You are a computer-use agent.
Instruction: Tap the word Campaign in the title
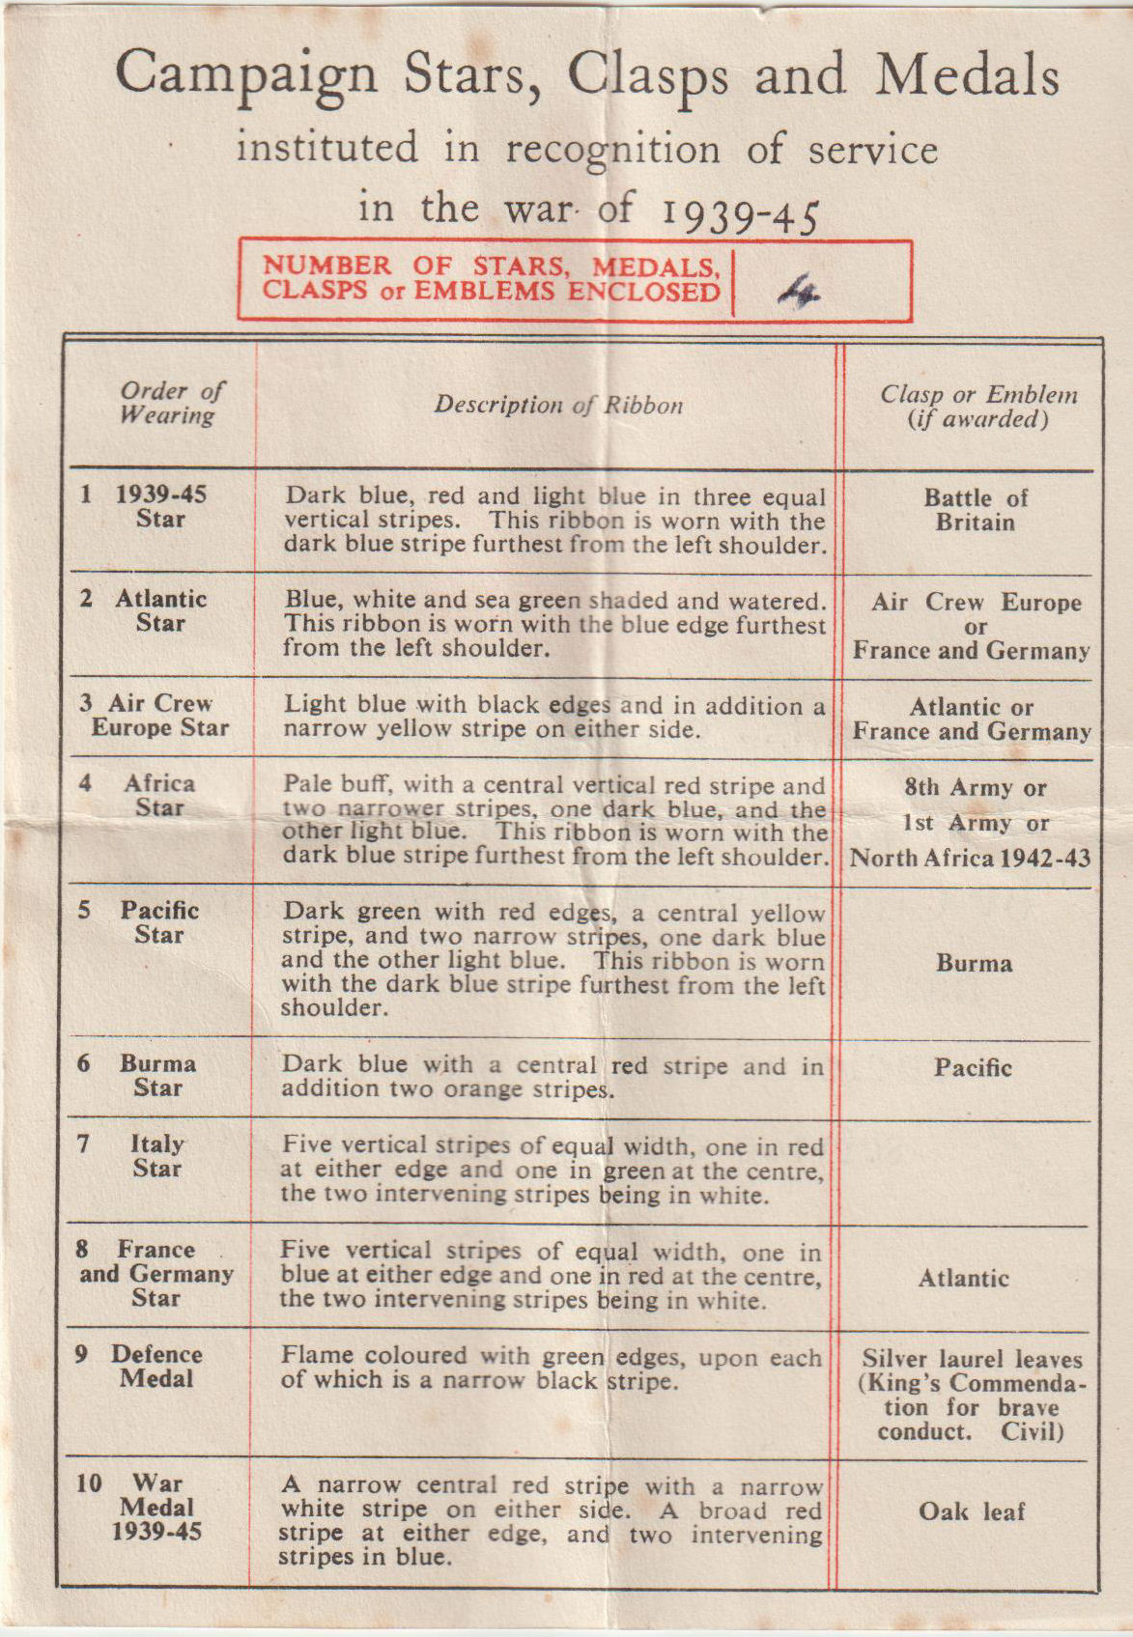tap(246, 74)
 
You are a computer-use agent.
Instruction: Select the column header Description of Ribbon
tap(558, 405)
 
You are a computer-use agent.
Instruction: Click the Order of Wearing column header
tap(170, 403)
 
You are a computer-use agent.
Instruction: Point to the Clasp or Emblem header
tap(977, 407)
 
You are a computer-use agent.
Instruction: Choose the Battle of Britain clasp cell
tap(975, 510)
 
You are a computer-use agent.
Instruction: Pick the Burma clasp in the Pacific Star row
tap(974, 963)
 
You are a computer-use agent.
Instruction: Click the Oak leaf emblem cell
tap(971, 1511)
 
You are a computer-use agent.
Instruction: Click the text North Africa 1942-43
tap(970, 858)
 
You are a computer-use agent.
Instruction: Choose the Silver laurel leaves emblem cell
tap(972, 1396)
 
